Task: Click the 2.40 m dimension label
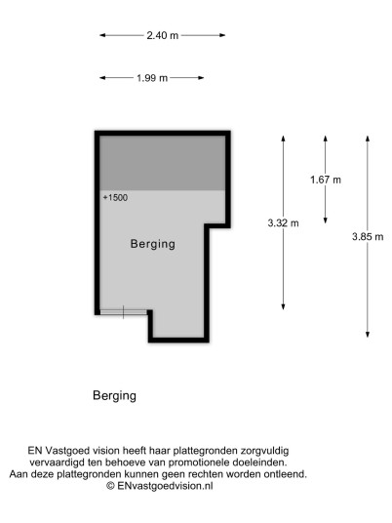(163, 35)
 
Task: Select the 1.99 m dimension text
(152, 78)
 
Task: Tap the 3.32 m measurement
(283, 222)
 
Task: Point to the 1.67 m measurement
(326, 180)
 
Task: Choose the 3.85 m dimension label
(368, 237)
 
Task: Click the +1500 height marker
(115, 198)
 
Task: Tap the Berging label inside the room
(153, 244)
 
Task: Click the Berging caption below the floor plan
(114, 396)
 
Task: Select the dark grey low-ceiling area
(163, 163)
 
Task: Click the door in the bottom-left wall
(124, 312)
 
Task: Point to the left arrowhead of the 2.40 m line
(102, 35)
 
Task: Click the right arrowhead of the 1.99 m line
(201, 78)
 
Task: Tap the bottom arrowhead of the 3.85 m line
(368, 335)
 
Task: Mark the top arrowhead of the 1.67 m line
(326, 139)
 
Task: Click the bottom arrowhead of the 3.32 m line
(283, 306)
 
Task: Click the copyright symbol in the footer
(110, 486)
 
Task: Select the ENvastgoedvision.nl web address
(165, 486)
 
